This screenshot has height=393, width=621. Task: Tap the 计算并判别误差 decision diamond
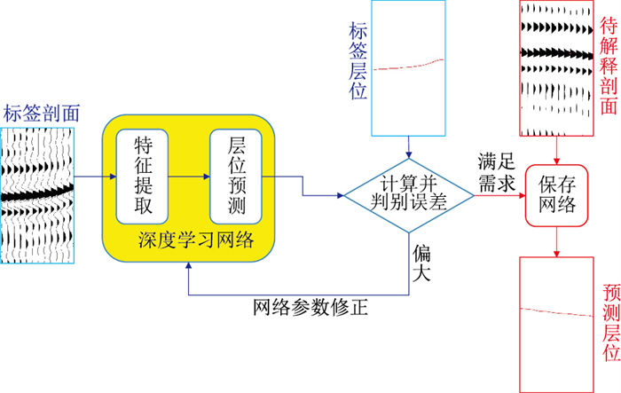point(408,195)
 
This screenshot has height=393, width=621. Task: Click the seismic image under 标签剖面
point(37,195)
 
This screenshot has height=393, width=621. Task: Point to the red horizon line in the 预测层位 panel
point(555,310)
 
